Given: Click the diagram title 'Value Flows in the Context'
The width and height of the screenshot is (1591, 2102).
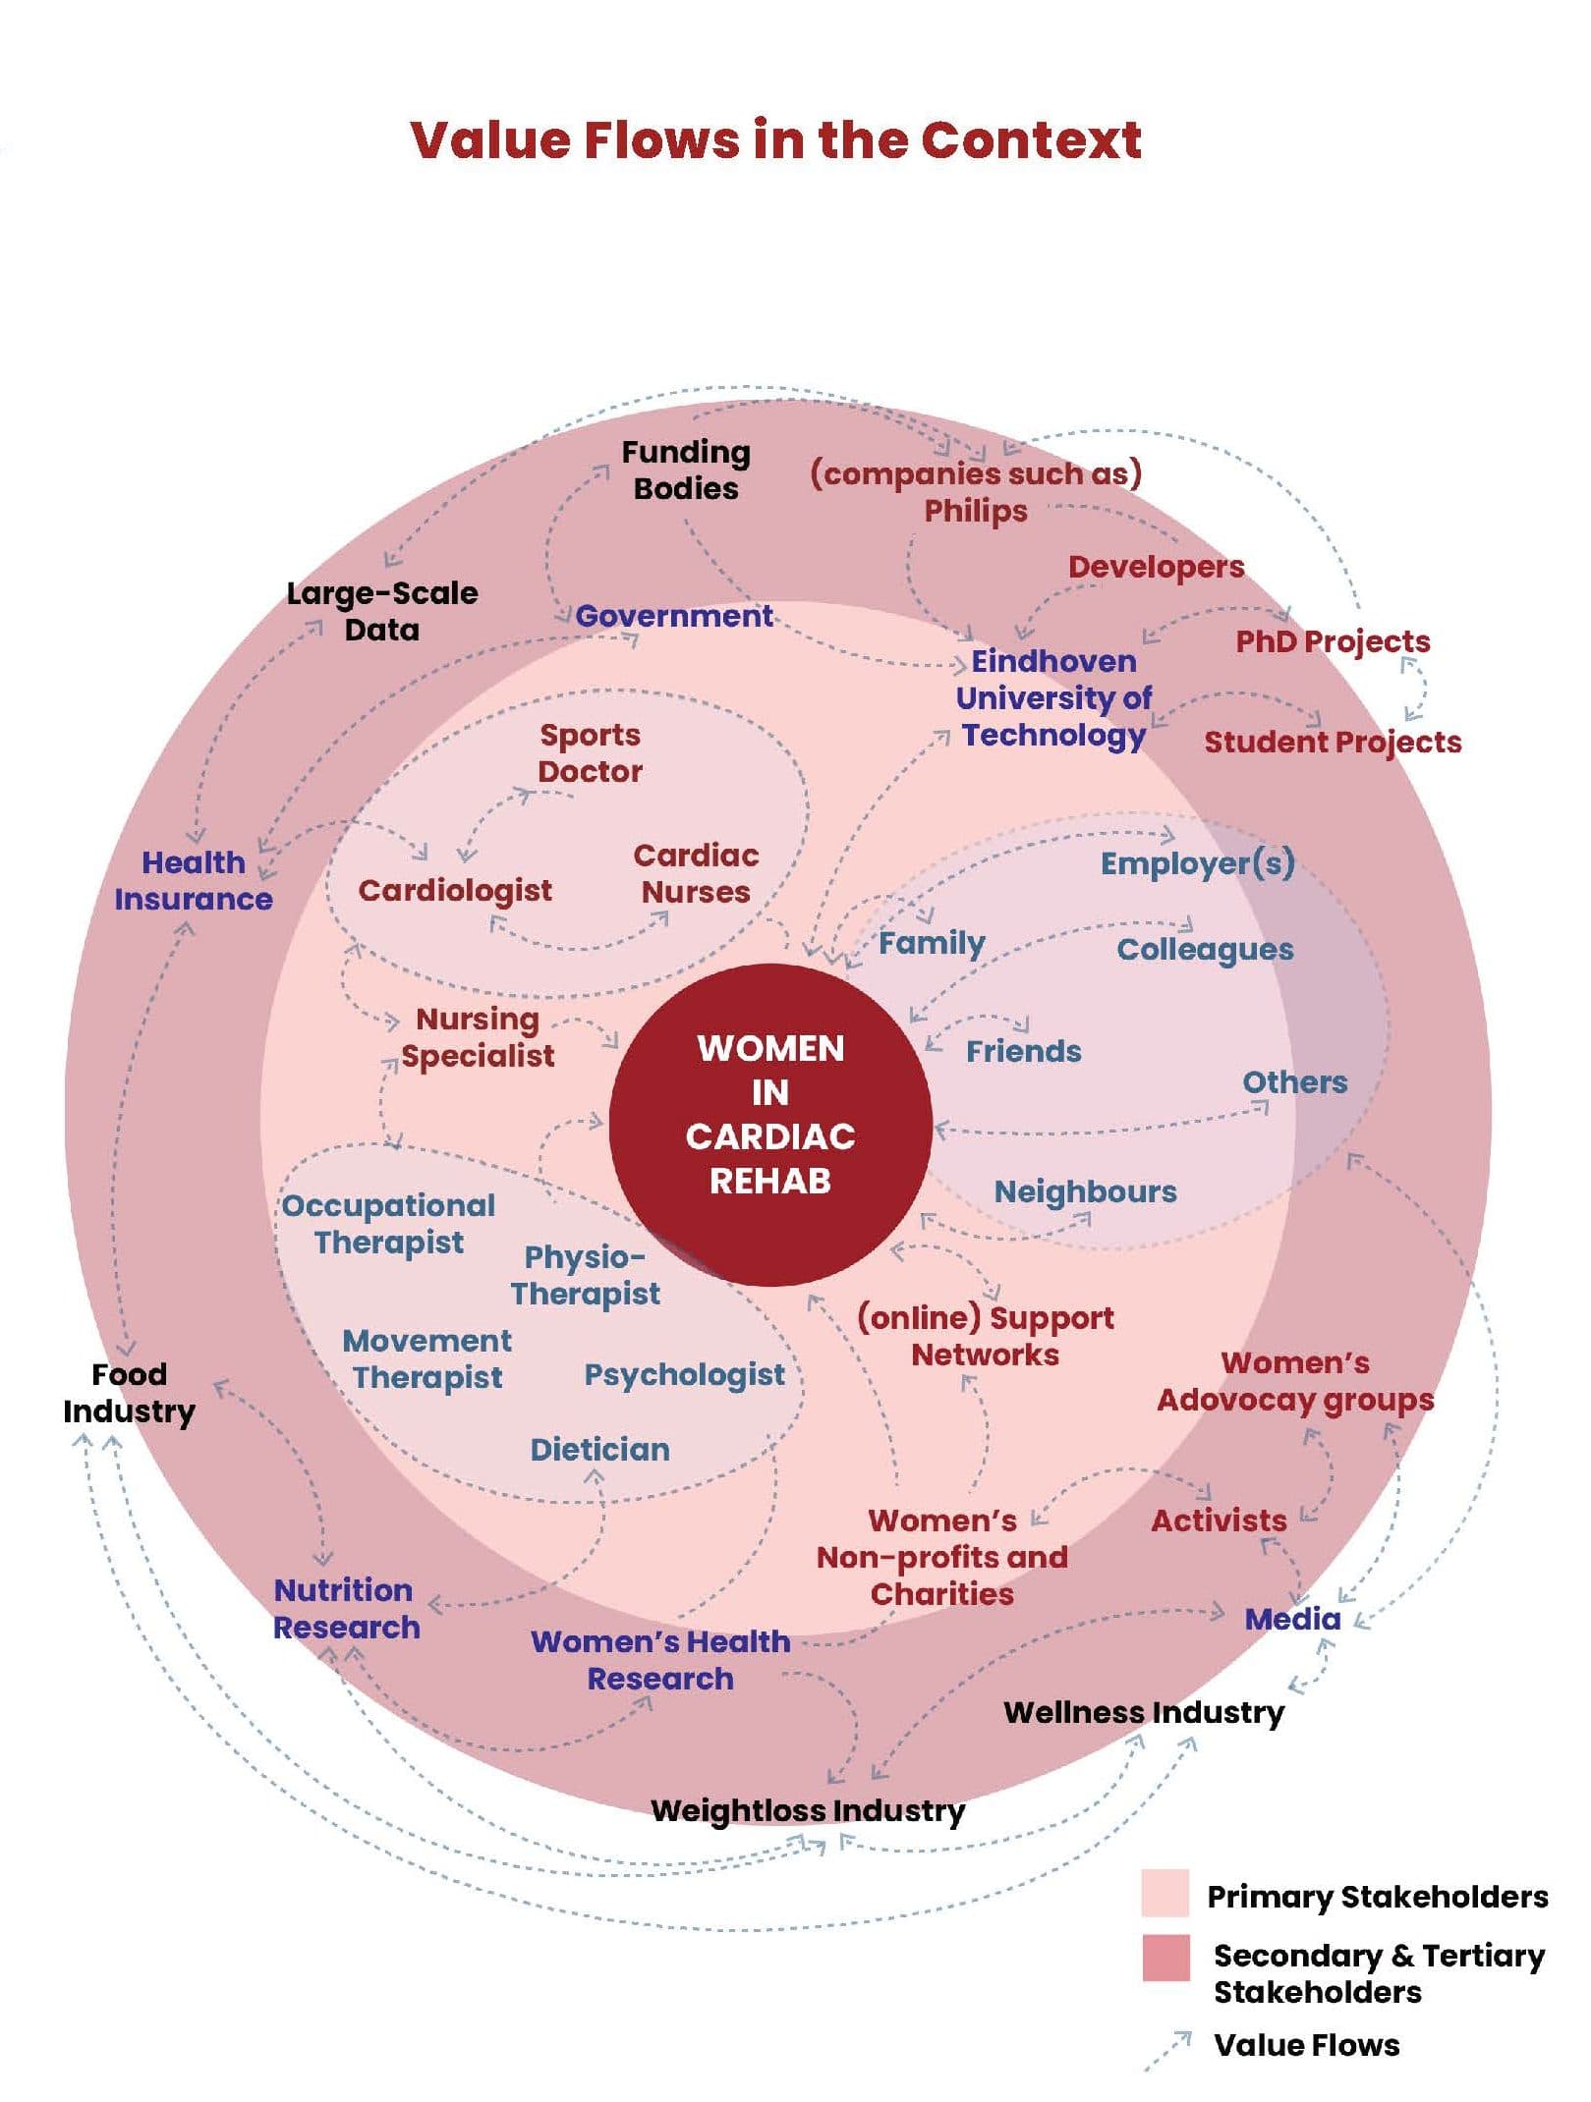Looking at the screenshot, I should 775,139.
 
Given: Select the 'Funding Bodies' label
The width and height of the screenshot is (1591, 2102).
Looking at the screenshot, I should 686,470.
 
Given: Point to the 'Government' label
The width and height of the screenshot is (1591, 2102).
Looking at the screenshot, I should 674,617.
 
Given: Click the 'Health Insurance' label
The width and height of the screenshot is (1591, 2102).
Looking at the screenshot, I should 194,881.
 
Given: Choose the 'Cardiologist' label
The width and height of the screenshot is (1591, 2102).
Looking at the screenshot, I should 455,891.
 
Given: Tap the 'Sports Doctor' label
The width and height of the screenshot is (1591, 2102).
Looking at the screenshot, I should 590,753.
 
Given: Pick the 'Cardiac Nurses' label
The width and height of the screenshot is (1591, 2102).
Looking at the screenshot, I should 696,874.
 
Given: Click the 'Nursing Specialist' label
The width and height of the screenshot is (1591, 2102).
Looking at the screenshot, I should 478,1037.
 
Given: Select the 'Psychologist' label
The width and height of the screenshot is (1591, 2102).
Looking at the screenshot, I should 684,1375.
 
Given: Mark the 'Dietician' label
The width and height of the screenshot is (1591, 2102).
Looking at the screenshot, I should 599,1450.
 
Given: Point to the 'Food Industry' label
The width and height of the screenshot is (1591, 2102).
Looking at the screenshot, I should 129,1393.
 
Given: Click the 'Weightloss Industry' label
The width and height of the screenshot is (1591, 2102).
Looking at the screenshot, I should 808,1810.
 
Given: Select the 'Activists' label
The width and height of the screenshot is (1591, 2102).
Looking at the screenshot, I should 1219,1521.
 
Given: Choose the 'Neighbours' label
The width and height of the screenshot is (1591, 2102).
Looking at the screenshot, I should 1085,1192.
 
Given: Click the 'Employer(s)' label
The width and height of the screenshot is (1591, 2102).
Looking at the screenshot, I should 1197,863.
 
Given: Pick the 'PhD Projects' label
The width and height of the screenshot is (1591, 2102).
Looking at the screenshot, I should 1333,641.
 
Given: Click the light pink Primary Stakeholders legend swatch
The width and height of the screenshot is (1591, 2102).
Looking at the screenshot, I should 1165,1893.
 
